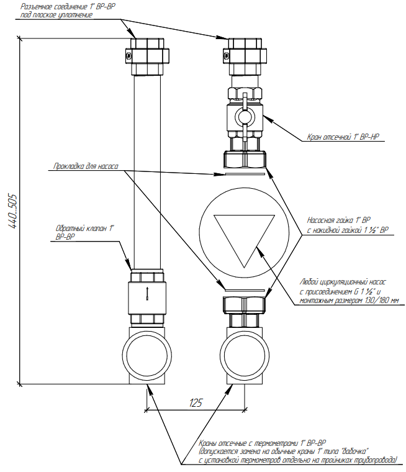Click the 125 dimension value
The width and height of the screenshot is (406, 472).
[x=195, y=403]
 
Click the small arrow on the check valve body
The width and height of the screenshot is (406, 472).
[x=147, y=293]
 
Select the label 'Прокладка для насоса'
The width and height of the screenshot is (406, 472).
[x=83, y=166]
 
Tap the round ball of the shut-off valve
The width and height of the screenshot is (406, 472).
[x=243, y=116]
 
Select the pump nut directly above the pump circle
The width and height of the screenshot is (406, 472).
[x=245, y=159]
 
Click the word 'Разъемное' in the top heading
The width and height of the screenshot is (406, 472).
[x=38, y=6]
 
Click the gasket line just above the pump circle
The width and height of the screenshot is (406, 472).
[x=245, y=175]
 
